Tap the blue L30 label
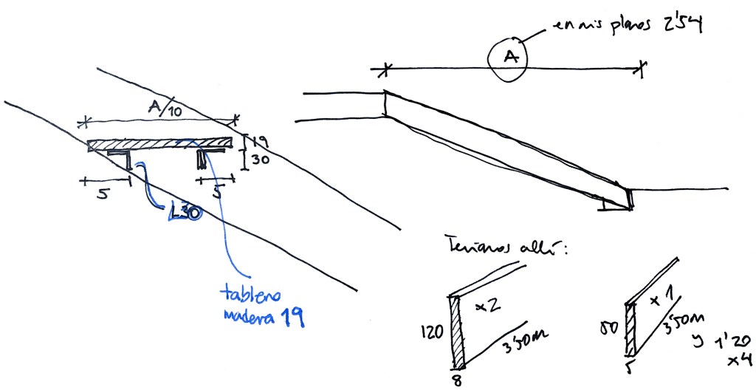184,212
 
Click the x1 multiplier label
661,301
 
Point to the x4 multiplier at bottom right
739,360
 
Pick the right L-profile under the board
205,157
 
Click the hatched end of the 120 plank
458,332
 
